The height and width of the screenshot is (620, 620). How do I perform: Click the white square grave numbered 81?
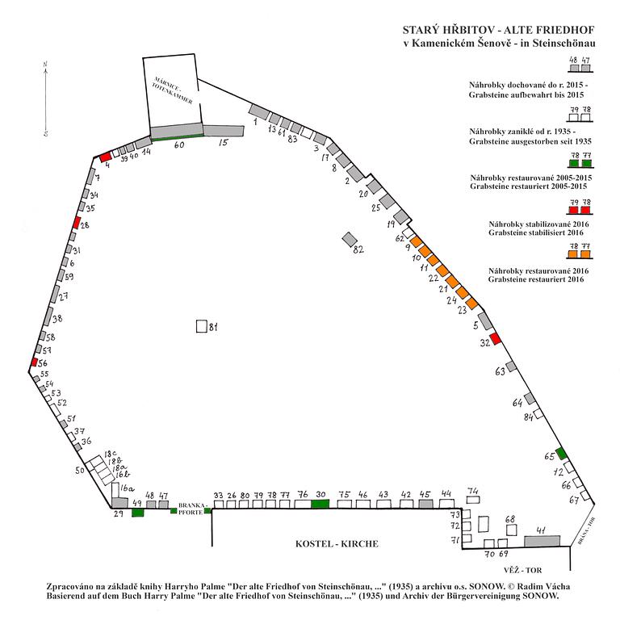(x=201, y=327)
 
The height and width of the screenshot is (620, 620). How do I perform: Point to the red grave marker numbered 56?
(x=33, y=363)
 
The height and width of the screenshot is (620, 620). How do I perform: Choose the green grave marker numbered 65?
(x=561, y=455)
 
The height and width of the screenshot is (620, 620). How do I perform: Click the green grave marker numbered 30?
(x=320, y=504)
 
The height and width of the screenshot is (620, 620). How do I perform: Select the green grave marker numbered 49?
(x=137, y=513)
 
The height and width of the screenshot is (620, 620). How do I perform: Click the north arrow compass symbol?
(x=46, y=97)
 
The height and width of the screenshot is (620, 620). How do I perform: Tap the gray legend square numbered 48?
(x=574, y=70)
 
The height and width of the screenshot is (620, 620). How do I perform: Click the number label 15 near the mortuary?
(x=224, y=143)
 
